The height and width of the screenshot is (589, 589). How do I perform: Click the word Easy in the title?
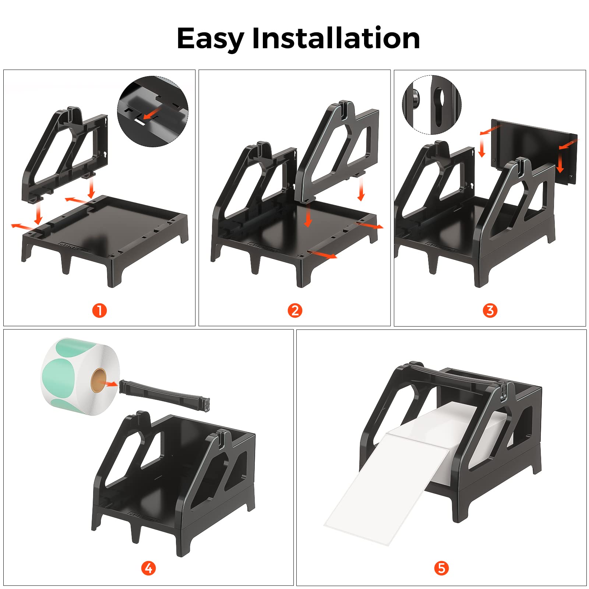tap(210, 39)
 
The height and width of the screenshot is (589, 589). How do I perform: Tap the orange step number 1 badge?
tap(99, 310)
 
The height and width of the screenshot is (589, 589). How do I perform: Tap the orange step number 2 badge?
tap(295, 310)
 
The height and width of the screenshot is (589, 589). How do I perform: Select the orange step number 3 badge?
tap(490, 310)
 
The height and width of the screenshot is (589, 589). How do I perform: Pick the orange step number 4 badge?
tap(148, 568)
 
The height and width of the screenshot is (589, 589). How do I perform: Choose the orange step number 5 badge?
tap(441, 568)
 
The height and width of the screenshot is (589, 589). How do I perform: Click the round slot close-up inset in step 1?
tap(153, 111)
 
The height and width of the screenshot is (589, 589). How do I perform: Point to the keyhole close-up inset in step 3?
tap(431, 105)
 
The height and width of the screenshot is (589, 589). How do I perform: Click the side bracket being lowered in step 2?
tap(337, 151)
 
